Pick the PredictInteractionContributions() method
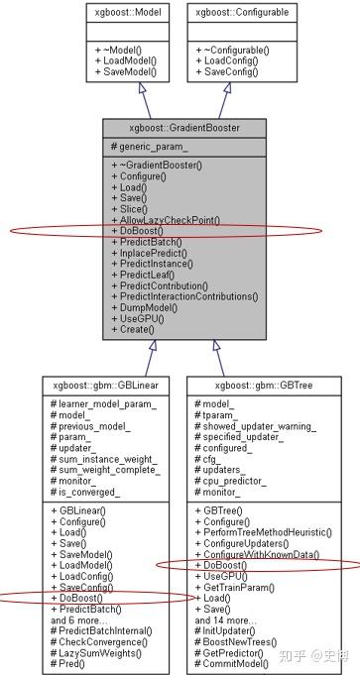coord(186,295)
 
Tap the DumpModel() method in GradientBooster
coord(148,308)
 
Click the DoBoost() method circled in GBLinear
coord(79,598)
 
